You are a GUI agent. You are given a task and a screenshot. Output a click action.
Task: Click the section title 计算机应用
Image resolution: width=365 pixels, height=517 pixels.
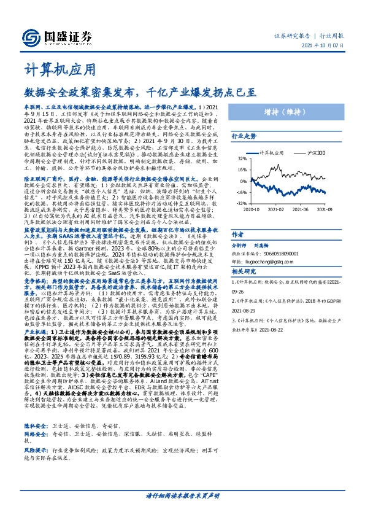pos(60,69)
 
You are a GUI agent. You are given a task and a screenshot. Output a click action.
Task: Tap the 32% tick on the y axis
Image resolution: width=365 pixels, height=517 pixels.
pos(242,158)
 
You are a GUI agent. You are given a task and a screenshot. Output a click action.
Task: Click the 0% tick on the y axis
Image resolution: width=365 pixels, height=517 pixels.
pos(243,181)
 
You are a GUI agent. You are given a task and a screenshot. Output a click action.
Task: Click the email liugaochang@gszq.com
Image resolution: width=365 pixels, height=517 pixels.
pos(283,260)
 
